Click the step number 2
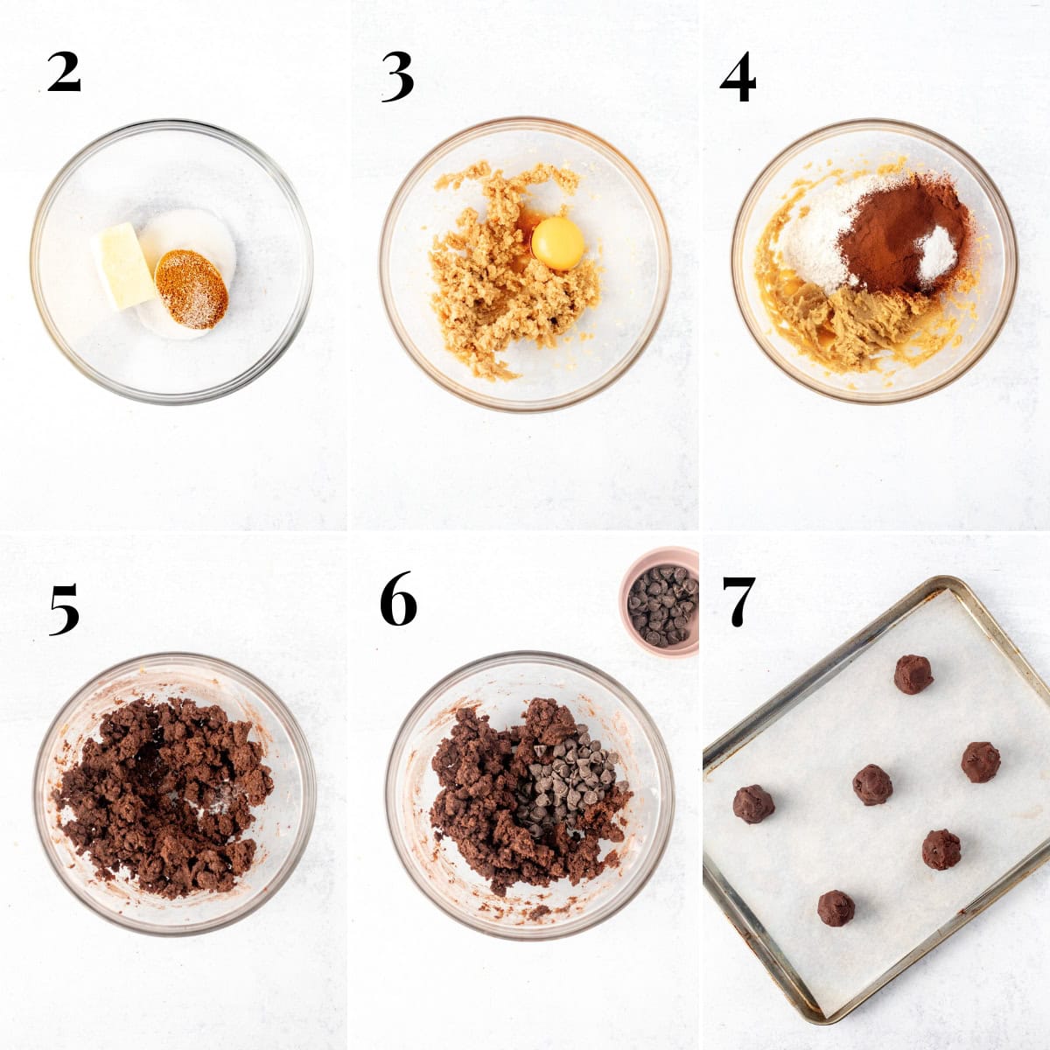pyautogui.click(x=64, y=73)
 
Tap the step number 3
pyautogui.click(x=397, y=77)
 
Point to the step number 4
pyautogui.click(x=738, y=79)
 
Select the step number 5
pyautogui.click(x=64, y=609)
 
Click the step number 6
pyautogui.click(x=398, y=600)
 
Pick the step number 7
pyautogui.click(x=738, y=601)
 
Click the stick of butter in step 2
pyautogui.click(x=123, y=266)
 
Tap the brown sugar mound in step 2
pyautogui.click(x=191, y=288)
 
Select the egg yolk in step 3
pyautogui.click(x=557, y=243)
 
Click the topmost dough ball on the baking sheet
pyautogui.click(x=913, y=674)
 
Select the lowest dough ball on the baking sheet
pyautogui.click(x=836, y=908)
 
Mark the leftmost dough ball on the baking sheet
pyautogui.click(x=752, y=803)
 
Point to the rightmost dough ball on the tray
pyautogui.click(x=981, y=761)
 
